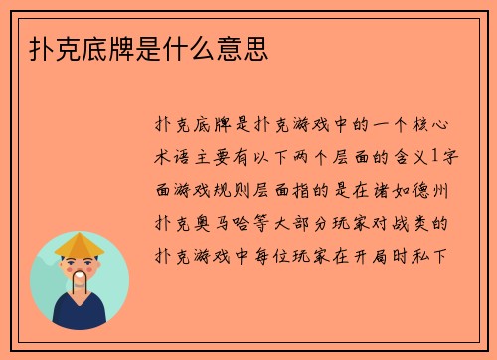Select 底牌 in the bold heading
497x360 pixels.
[91, 49]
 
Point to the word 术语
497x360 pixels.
[170, 157]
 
